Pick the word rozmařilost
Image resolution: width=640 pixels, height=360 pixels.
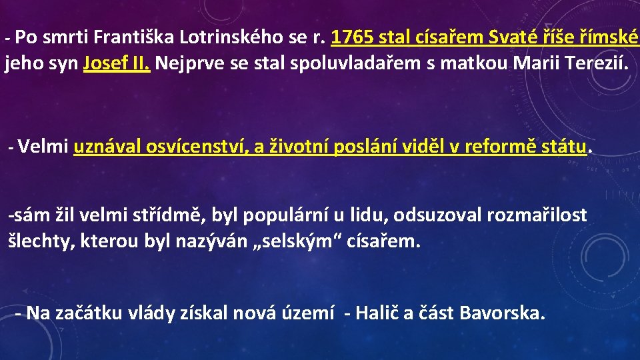tap(537, 215)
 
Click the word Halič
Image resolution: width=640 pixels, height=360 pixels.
tap(377, 312)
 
